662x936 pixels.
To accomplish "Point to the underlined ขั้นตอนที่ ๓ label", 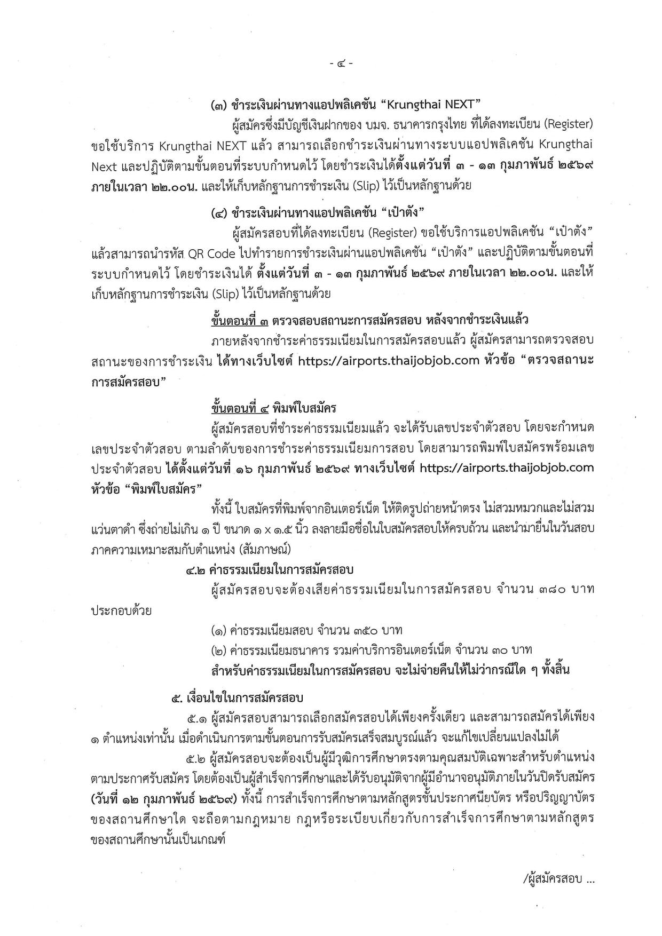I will (x=239, y=321).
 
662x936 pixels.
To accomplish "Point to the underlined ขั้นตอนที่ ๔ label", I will (x=239, y=409).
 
